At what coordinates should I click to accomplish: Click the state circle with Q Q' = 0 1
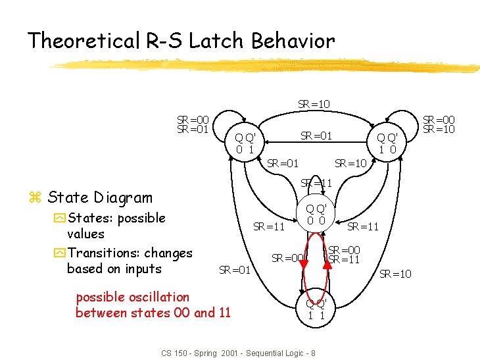point(245,143)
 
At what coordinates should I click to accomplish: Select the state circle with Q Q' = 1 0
point(387,143)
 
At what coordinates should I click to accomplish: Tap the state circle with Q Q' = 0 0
point(316,215)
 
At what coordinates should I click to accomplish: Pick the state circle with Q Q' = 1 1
point(316,310)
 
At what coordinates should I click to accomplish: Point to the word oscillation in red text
point(158,297)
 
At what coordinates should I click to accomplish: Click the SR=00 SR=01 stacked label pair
point(193,124)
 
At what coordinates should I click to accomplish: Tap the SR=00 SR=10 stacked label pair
point(438,124)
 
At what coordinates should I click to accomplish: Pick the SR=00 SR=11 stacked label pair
point(344,255)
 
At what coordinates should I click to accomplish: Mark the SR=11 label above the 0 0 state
point(316,183)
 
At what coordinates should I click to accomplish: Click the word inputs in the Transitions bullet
point(142,269)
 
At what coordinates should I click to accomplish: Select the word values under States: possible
point(85,234)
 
